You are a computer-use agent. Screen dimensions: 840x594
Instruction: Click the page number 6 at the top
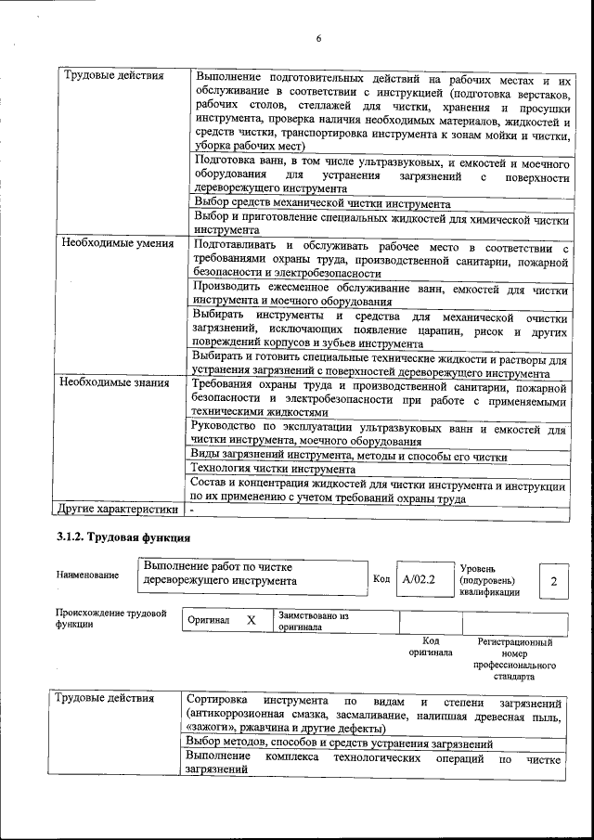click(317, 39)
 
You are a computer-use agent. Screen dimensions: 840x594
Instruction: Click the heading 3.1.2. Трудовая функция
click(123, 537)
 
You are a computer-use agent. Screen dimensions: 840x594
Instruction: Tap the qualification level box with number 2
click(553, 581)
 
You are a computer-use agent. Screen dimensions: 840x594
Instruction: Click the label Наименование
click(87, 575)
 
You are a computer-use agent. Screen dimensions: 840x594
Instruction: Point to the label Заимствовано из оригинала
click(313, 621)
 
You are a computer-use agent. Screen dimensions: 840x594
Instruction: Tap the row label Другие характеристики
click(117, 510)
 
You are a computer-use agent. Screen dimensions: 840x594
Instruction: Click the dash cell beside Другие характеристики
click(192, 510)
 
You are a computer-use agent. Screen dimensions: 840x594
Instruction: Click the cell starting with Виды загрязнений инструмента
click(349, 456)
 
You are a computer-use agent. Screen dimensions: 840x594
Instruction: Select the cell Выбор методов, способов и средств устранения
click(338, 743)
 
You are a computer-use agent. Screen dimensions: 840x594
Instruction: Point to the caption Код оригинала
click(430, 646)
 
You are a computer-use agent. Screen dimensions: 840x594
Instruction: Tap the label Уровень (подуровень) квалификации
click(489, 580)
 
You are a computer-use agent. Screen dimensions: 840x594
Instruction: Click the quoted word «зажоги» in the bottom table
click(210, 729)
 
